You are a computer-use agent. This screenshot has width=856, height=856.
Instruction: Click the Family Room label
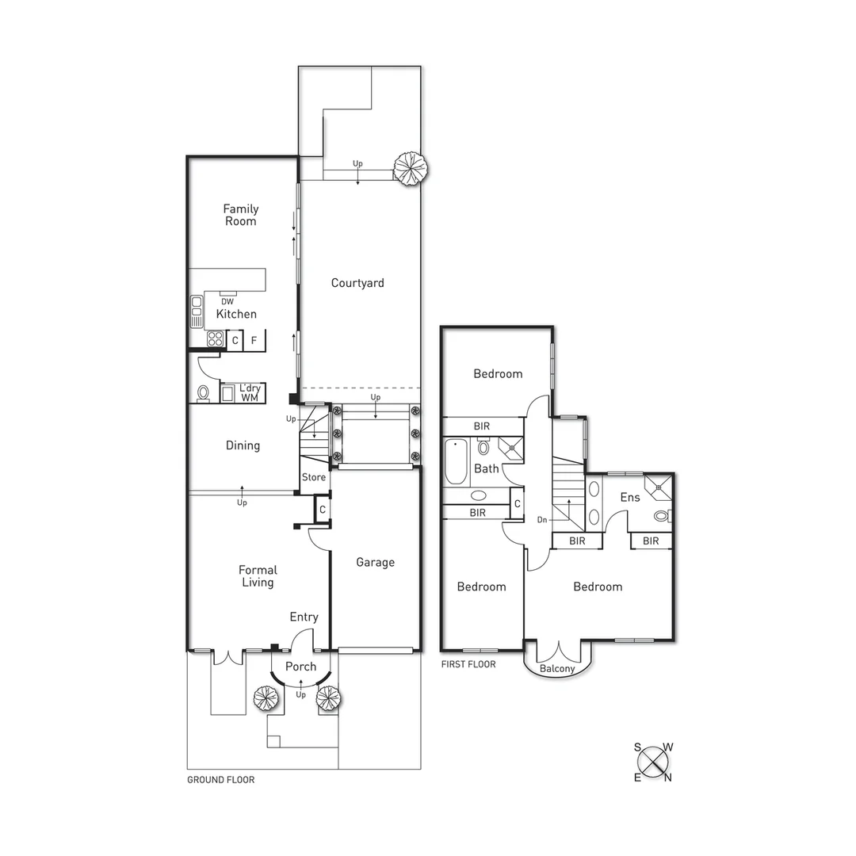click(x=240, y=215)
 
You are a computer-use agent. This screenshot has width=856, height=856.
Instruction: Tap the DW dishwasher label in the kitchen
click(x=227, y=301)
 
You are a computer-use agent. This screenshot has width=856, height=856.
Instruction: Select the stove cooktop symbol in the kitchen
click(x=215, y=340)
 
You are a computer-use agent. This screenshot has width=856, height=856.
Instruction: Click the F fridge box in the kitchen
click(x=254, y=341)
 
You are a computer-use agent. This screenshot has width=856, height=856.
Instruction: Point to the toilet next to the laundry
click(x=203, y=392)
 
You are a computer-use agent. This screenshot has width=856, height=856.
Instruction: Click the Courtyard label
click(x=357, y=283)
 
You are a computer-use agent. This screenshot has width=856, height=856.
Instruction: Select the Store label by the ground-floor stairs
click(x=314, y=477)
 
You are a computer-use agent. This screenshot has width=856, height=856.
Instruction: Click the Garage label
click(x=375, y=562)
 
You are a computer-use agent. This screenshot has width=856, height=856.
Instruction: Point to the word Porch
click(x=300, y=667)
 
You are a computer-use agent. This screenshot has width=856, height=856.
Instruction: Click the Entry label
click(x=304, y=617)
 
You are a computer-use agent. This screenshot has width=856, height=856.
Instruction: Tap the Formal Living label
click(x=258, y=576)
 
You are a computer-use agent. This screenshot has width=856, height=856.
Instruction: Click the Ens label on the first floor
click(x=630, y=497)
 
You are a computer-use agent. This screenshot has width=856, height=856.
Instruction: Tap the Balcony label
click(x=556, y=669)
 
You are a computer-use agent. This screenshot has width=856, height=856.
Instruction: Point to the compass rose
click(x=654, y=762)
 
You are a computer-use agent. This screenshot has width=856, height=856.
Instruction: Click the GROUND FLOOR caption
click(x=220, y=780)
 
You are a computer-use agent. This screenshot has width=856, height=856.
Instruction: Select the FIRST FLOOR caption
click(x=468, y=664)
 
